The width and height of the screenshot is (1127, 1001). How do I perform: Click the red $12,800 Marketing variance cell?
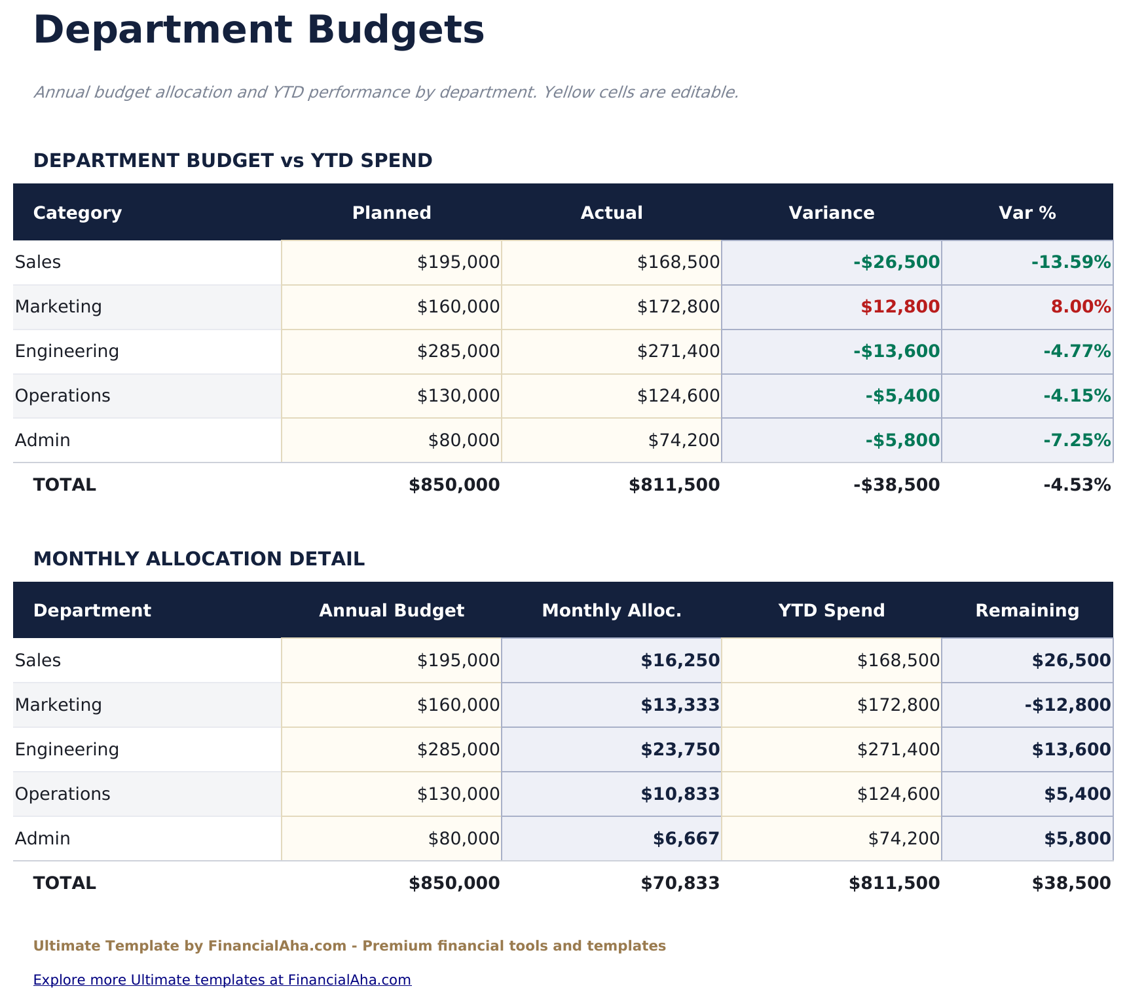900,307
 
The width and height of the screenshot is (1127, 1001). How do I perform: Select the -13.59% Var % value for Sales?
1071,262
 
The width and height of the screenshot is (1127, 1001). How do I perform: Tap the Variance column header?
831,213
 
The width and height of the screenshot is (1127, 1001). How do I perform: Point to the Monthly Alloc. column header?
612,611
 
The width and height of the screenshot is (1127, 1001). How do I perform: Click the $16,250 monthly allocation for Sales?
680,660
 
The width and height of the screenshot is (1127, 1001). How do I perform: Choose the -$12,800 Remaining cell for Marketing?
1067,705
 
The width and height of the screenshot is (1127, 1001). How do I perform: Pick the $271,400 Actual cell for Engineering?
678,351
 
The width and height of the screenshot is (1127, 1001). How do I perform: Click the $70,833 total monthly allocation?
680,883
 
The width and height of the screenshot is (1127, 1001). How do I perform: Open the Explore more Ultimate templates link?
222,980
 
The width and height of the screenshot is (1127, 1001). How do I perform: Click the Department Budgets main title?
259,31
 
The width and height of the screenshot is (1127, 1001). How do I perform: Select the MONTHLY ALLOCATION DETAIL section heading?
199,559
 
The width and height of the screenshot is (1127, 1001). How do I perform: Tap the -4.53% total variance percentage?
1077,485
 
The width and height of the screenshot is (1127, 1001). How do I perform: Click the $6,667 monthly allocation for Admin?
686,839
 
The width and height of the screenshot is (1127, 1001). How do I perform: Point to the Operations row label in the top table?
63,396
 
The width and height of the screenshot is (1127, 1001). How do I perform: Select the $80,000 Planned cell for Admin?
464,440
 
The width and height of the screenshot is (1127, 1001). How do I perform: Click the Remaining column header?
1027,611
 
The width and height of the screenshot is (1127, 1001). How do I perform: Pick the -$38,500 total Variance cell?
896,485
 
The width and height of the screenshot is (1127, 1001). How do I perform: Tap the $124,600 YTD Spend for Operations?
898,794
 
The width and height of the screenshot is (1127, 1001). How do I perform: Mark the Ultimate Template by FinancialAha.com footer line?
349,946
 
